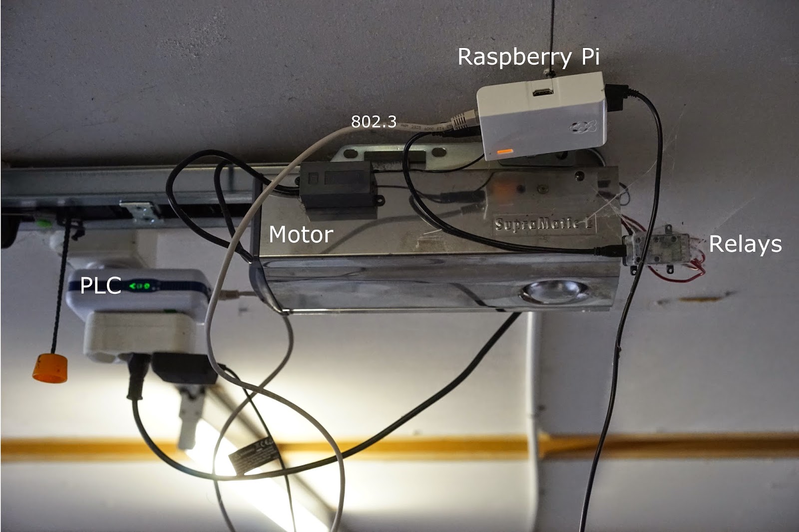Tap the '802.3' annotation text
(374, 121)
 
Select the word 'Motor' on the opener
(301, 234)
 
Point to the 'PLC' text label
(100, 285)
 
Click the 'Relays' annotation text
(745, 244)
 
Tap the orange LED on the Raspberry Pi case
(504, 151)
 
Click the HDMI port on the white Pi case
(542, 92)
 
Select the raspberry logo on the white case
(584, 128)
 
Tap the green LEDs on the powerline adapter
(140, 286)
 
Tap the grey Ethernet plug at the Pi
(460, 120)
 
